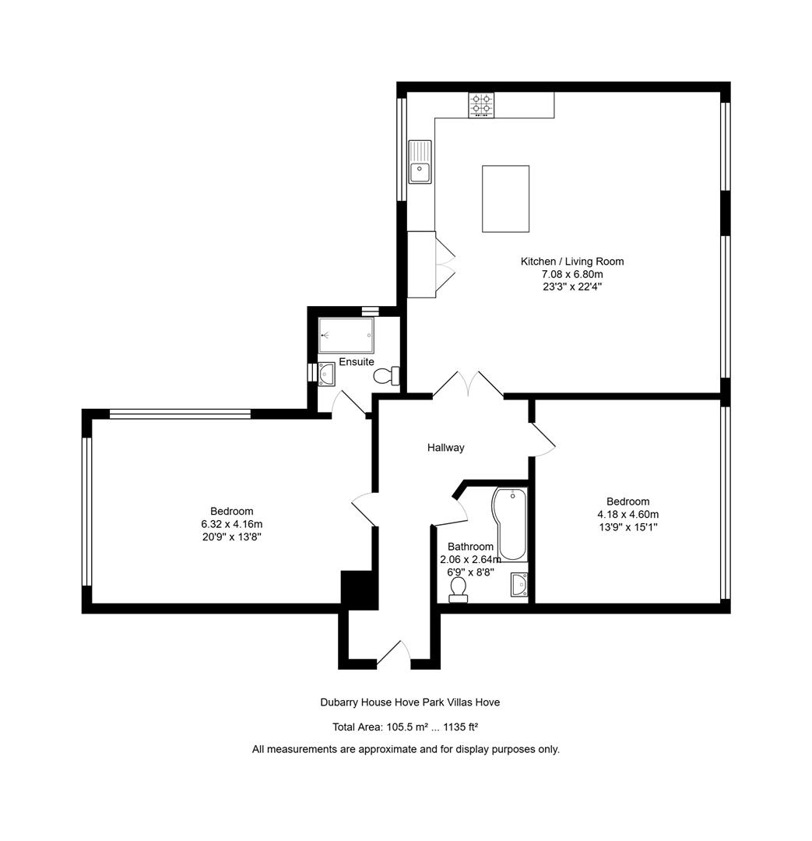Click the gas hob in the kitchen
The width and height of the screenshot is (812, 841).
click(x=481, y=105)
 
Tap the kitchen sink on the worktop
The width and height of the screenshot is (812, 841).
click(x=420, y=162)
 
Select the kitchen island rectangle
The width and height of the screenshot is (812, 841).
click(x=505, y=199)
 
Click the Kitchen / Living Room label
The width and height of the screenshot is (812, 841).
click(x=571, y=262)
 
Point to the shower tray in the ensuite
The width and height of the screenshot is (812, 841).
click(x=346, y=336)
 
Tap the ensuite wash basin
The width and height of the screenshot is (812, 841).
click(x=326, y=375)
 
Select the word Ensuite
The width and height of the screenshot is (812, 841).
click(x=356, y=362)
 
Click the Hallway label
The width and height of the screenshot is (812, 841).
click(x=445, y=448)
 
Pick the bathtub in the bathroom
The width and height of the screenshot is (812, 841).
click(x=511, y=523)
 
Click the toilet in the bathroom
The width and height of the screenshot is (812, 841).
click(x=459, y=589)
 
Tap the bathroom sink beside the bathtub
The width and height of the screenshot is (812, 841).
click(x=519, y=584)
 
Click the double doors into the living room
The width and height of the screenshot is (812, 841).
click(x=468, y=385)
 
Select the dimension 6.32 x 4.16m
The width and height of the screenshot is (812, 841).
click(x=231, y=524)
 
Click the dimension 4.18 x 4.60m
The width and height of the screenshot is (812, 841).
click(x=627, y=514)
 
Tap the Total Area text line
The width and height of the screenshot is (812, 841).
click(x=405, y=727)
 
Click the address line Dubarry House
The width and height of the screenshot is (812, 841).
click(x=410, y=702)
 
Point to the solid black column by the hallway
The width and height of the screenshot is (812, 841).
click(x=359, y=589)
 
